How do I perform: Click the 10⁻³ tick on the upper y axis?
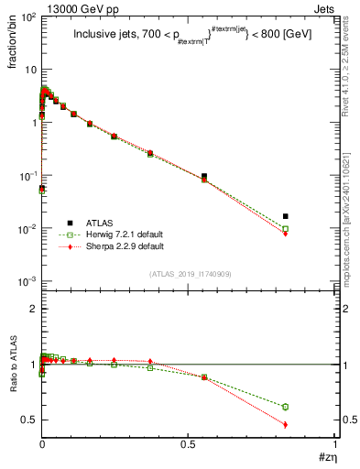[26, 280]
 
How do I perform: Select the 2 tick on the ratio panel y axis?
[31, 310]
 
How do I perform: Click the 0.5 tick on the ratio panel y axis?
[28, 420]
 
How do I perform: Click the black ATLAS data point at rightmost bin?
[286, 217]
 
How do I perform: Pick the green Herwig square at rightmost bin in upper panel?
[286, 229]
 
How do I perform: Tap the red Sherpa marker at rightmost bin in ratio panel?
[286, 424]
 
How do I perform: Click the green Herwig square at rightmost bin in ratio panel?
[286, 407]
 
